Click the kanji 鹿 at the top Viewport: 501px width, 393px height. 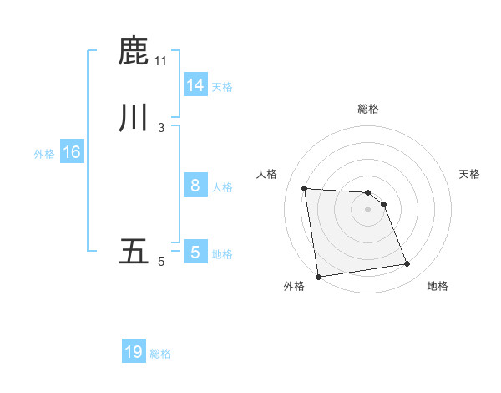pos(134,51)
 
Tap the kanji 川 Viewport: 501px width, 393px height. pos(134,116)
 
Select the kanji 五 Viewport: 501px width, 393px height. pos(134,252)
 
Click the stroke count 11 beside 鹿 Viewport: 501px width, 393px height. pos(161,61)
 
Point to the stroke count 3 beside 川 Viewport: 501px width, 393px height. pos(161,127)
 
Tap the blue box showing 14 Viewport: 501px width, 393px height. pos(195,85)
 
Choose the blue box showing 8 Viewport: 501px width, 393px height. pos(195,186)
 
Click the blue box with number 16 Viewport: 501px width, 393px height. pos(71,152)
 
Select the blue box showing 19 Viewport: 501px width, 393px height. pos(133,352)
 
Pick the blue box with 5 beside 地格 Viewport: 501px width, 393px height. pos(195,253)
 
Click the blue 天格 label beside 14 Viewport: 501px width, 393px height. pos(222,87)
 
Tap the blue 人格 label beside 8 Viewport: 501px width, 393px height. pos(222,187)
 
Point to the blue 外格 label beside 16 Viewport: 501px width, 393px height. pos(44,154)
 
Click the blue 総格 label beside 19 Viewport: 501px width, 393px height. pos(160,354)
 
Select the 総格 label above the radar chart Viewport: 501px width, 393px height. pos(368,109)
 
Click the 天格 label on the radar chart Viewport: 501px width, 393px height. pos(469,174)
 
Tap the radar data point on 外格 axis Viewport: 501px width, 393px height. pos(318,276)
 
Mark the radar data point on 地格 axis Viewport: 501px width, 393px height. pos(407,264)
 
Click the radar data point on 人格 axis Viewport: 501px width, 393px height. pos(305,188)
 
